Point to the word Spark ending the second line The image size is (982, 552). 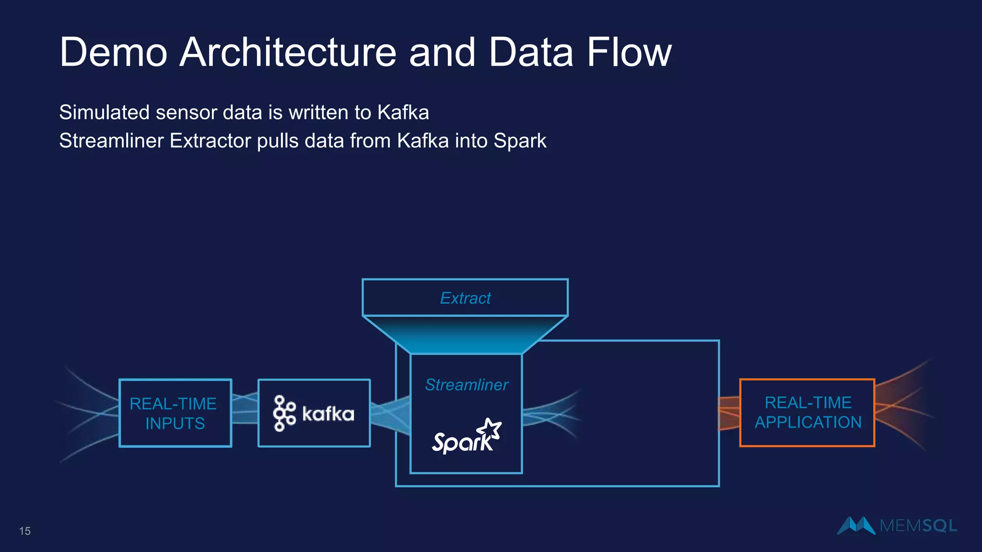coord(520,141)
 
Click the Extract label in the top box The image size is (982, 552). coord(465,298)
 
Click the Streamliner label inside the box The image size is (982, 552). coord(466,385)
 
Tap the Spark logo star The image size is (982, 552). coord(491,428)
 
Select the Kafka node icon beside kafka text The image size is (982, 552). coord(284,413)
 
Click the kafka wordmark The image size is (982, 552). coord(328,414)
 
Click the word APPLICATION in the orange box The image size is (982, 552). coord(808,423)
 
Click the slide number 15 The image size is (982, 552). coord(25,531)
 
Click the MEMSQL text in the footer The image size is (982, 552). coord(918,526)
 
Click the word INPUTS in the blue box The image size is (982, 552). coord(175,424)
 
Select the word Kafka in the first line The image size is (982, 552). coord(403,113)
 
